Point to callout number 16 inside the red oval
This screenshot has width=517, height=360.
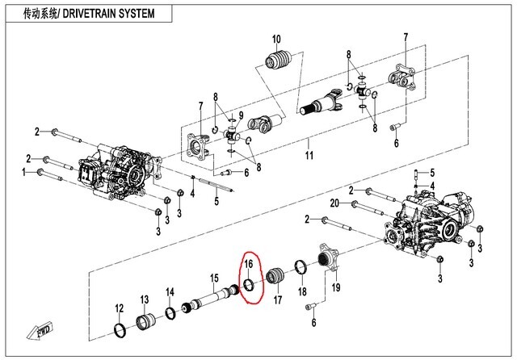point(250,263)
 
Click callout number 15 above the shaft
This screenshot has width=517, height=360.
point(215,278)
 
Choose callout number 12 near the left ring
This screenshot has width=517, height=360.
point(119,308)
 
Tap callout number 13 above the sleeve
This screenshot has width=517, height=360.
point(145,299)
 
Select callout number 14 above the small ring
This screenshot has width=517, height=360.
point(170,291)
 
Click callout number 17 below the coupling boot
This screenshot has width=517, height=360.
point(276,300)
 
